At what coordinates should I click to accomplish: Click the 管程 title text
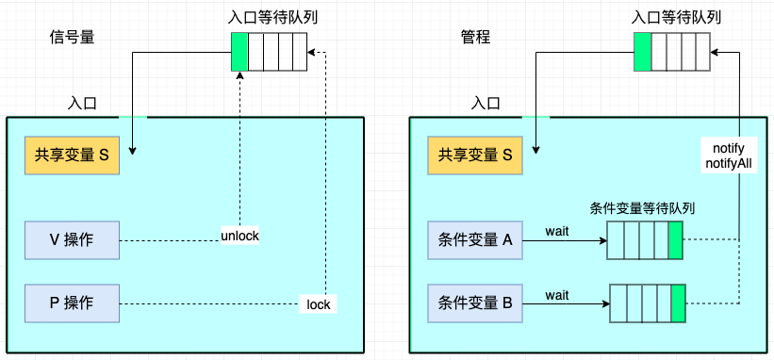(x=475, y=38)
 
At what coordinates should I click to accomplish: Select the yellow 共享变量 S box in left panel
(x=73, y=155)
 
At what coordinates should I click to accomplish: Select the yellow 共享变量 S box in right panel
(x=475, y=155)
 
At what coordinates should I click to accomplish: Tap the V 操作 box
(x=73, y=240)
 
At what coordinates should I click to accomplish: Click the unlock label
(x=239, y=235)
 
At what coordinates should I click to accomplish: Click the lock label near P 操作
(x=318, y=304)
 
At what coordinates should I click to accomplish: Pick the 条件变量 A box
(x=475, y=240)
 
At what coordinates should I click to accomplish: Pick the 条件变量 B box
(x=475, y=303)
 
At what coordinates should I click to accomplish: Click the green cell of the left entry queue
(x=239, y=52)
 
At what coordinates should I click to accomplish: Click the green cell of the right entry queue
(x=642, y=52)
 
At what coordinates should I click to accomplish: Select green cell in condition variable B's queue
(x=678, y=303)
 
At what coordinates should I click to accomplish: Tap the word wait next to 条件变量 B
(x=557, y=295)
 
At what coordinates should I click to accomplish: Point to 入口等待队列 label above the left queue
(x=269, y=18)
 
